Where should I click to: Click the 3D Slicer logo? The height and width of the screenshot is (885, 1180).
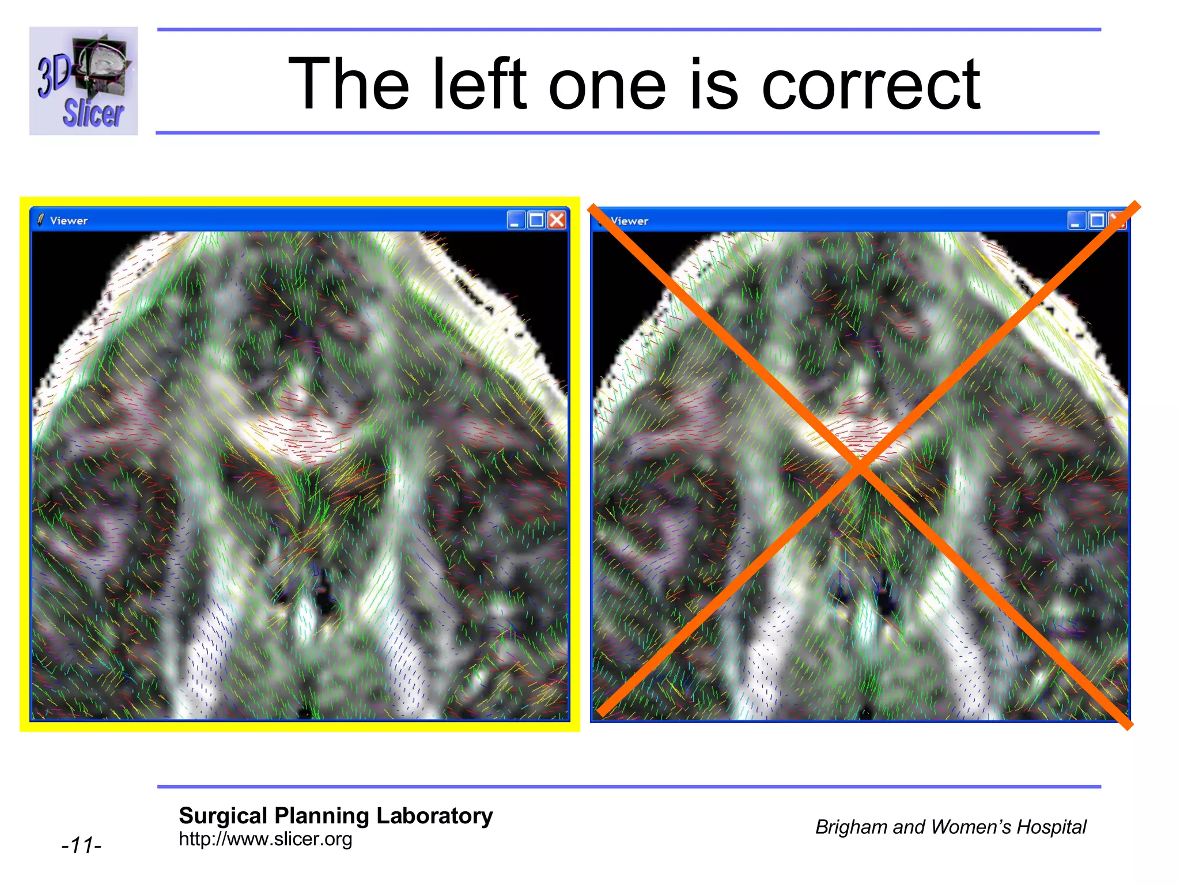(84, 81)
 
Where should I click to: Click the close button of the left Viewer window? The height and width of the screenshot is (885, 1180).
(557, 220)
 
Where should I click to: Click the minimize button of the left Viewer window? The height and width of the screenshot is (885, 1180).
(516, 220)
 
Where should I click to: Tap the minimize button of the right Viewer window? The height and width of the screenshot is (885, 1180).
(1076, 221)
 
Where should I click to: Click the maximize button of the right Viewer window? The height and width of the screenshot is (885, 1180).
(1096, 221)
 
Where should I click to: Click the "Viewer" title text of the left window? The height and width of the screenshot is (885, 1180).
(69, 221)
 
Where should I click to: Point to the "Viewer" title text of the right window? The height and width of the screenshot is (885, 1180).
(630, 221)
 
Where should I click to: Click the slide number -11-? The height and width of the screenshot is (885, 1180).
(81, 845)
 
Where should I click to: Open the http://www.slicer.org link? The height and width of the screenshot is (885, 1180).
(265, 839)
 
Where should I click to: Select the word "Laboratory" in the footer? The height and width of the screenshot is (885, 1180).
(434, 816)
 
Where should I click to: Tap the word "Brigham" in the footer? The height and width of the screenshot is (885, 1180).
(851, 827)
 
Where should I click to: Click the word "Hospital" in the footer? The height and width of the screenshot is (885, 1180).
(1051, 827)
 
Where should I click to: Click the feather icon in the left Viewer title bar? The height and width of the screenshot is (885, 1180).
(40, 220)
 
